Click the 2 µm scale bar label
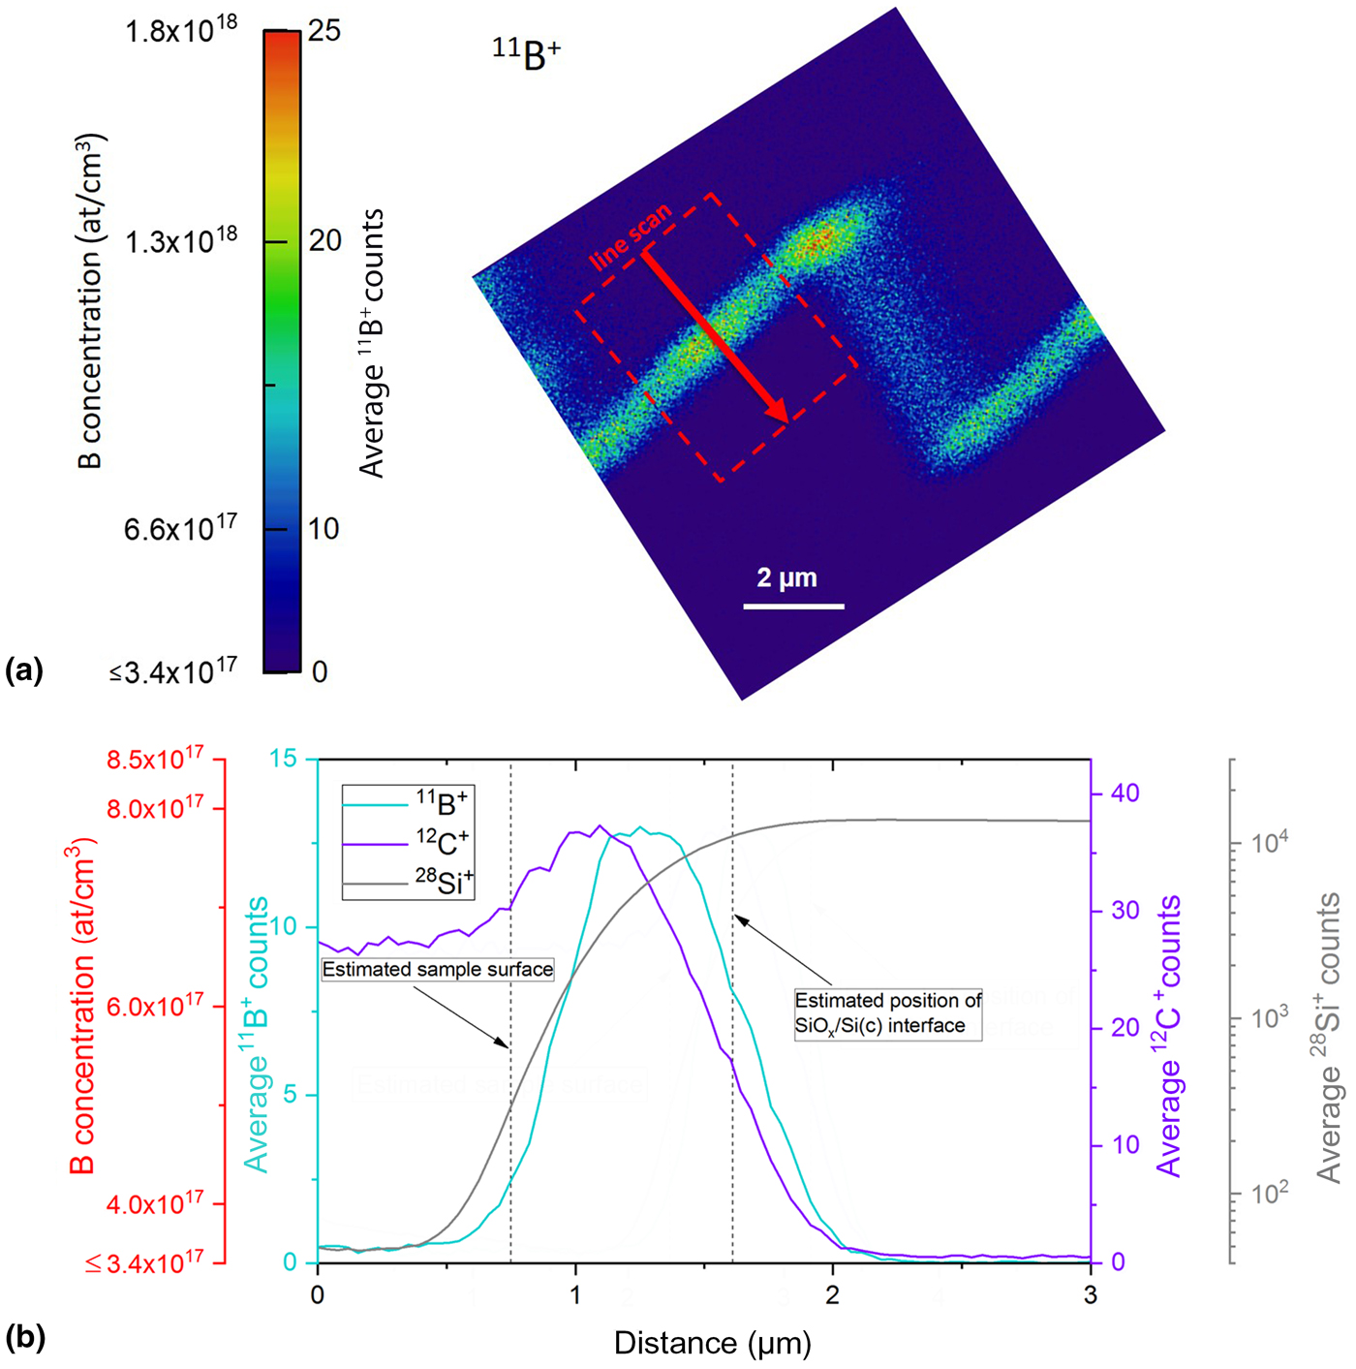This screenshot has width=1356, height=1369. click(x=786, y=578)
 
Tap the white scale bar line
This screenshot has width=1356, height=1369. click(x=793, y=607)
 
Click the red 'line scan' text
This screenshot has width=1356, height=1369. click(x=631, y=237)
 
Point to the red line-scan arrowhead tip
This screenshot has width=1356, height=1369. click(x=786, y=420)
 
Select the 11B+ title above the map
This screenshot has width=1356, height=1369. click(x=526, y=54)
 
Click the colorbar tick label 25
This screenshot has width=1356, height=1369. click(x=325, y=31)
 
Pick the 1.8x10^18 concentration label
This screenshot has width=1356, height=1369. click(x=180, y=31)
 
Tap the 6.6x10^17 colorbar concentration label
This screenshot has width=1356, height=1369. click(x=180, y=528)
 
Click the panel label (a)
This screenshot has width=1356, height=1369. click(x=24, y=670)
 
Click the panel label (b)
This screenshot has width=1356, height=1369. click(x=25, y=1338)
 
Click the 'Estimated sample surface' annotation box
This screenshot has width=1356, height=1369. click(x=438, y=969)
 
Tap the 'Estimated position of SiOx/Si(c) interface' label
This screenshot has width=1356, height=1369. click(x=887, y=1012)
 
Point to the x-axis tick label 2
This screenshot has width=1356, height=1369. click(x=833, y=1295)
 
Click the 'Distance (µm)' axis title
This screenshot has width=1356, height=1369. click(x=713, y=1343)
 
